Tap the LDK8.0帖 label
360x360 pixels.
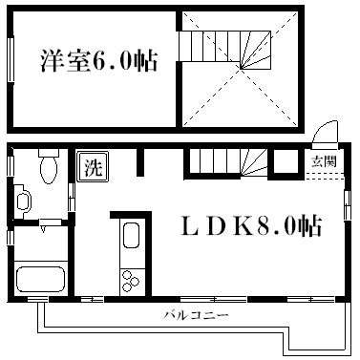[251, 227]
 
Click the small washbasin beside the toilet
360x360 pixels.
[24, 202]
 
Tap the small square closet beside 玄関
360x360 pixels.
[284, 163]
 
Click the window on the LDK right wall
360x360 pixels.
[347, 205]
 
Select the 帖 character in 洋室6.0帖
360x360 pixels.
[143, 61]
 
